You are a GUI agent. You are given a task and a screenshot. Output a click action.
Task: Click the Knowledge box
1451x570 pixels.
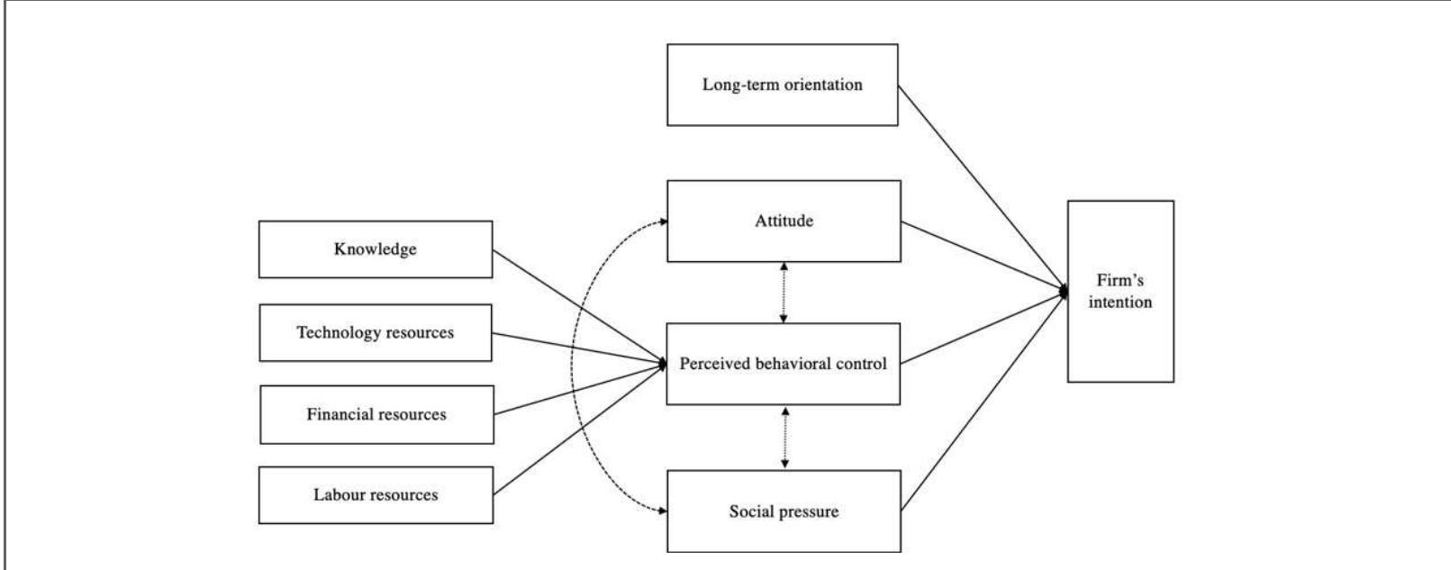pos(376,249)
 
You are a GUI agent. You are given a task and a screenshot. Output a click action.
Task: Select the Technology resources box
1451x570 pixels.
pos(376,333)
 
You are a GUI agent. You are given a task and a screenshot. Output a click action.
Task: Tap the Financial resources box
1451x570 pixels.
pos(376,415)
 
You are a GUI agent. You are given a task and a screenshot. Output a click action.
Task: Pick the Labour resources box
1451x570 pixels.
pos(376,494)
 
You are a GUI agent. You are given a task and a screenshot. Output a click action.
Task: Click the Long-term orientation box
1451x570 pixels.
pos(782,85)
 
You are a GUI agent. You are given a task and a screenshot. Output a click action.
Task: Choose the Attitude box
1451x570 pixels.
pos(784,221)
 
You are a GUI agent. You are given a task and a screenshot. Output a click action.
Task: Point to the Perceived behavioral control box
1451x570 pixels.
pos(783,364)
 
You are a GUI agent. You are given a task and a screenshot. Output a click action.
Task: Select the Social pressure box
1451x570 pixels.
pos(784,511)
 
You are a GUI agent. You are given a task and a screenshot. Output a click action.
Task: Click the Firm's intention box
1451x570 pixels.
pos(1120,292)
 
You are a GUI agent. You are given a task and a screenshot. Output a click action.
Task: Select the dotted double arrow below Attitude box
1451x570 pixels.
pos(784,293)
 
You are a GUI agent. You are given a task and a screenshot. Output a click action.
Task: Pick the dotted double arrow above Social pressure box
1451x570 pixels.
pos(785,438)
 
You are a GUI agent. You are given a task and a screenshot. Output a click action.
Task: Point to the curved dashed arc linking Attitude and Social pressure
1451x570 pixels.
pos(573,365)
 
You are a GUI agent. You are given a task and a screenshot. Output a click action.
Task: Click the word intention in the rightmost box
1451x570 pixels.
pos(1120,303)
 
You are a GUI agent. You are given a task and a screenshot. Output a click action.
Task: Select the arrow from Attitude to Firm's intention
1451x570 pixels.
pos(982,256)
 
